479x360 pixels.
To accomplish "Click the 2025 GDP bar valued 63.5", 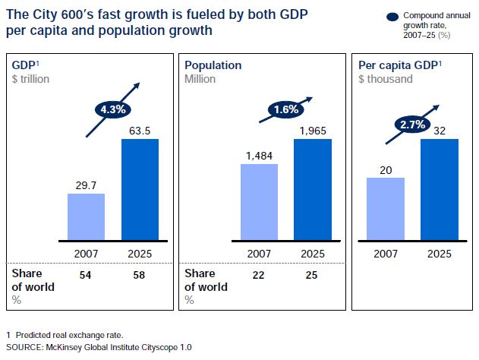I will click(x=140, y=190).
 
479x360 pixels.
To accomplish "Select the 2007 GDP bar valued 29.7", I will click(x=86, y=216).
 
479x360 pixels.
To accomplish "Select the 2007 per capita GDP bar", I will click(x=386, y=209).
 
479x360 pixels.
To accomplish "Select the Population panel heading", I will click(x=213, y=66).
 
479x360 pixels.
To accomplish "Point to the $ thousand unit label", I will click(x=386, y=78).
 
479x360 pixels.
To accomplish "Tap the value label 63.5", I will click(x=140, y=130).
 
